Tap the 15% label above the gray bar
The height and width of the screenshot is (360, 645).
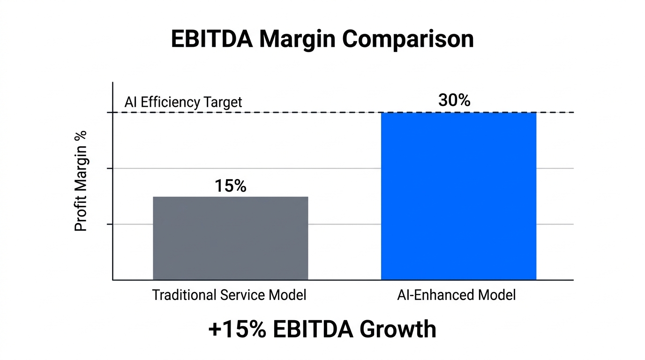pos(230,186)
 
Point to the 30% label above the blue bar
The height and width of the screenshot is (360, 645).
pos(454,100)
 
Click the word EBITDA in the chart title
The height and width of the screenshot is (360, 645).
pos(211,39)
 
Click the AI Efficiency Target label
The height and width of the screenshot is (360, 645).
pos(183,102)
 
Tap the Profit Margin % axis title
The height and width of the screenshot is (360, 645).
pos(81,181)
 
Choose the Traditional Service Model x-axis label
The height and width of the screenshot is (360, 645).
pos(229,295)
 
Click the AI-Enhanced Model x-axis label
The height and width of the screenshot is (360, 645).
pos(456,295)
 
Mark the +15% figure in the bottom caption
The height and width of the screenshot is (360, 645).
pos(237,329)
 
